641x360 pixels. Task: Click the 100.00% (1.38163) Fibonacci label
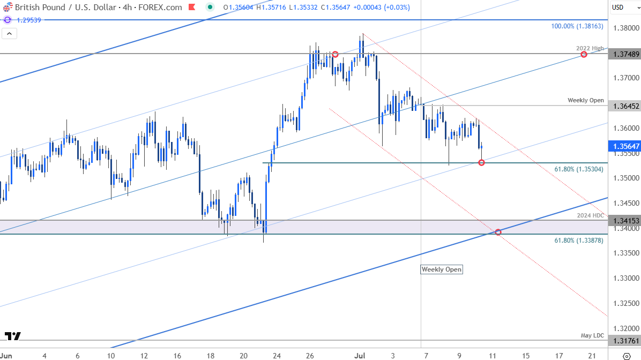click(577, 26)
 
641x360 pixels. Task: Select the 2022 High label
click(590, 48)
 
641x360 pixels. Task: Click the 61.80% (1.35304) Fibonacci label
click(579, 169)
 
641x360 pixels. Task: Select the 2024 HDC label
click(591, 215)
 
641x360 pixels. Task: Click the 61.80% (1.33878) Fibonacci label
click(579, 241)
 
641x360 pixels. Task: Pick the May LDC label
click(592, 335)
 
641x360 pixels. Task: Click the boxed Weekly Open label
click(441, 269)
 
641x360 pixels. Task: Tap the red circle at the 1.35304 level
click(481, 162)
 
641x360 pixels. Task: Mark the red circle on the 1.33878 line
click(498, 232)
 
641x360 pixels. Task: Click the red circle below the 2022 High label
click(584, 55)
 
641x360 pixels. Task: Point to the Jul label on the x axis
click(359, 355)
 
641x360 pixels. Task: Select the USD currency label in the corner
click(617, 7)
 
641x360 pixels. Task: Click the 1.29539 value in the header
click(28, 19)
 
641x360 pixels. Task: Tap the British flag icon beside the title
click(6, 7)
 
